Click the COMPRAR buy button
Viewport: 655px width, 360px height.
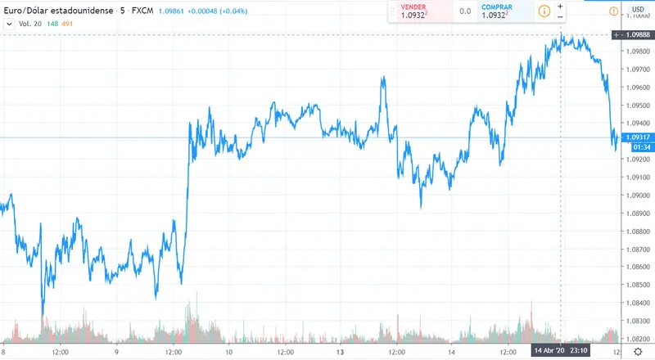point(501,11)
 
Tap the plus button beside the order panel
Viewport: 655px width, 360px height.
point(561,6)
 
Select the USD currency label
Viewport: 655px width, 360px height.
point(638,9)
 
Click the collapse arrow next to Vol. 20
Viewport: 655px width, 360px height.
point(9,24)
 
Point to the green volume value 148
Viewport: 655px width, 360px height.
point(52,24)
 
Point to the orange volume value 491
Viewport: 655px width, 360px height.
point(69,24)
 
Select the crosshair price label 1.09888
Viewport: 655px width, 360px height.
point(636,35)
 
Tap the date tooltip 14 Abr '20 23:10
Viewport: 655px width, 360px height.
point(559,351)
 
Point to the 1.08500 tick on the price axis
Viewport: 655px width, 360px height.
point(637,285)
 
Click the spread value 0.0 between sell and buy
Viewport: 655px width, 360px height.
point(464,11)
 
